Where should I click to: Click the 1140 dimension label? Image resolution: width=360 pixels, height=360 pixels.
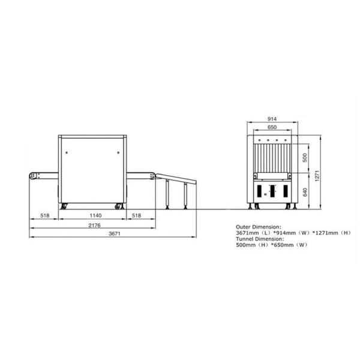tap(95, 215)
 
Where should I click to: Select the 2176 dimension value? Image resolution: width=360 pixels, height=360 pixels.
tap(95, 225)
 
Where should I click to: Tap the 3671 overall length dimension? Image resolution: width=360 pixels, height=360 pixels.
tap(115, 234)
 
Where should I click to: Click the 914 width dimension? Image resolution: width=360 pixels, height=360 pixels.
tap(272, 119)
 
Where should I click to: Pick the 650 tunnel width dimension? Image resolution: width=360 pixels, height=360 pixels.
tap(272, 127)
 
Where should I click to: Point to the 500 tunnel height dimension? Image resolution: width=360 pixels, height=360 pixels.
tap(305, 158)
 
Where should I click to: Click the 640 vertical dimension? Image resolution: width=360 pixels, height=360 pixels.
tap(305, 192)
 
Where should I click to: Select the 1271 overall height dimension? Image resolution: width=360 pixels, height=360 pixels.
tap(317, 176)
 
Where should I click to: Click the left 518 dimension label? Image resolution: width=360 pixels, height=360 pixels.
tap(45, 215)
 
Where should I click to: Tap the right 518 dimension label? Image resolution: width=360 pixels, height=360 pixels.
tap(136, 215)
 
